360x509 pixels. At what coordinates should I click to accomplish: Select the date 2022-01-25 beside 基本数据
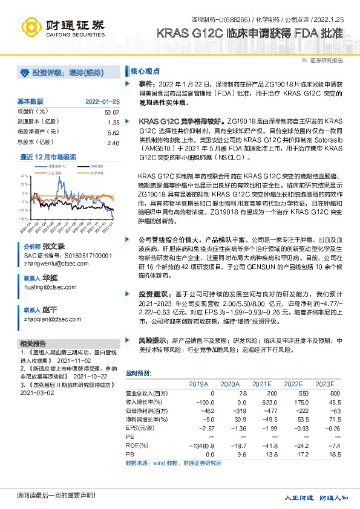tap(102, 101)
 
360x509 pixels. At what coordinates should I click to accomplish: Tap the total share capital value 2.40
tap(113, 143)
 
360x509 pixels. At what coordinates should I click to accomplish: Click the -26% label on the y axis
tap(23, 219)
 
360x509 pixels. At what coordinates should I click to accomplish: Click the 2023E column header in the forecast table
tap(324, 384)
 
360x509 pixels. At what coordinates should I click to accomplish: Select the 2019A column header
tap(198, 384)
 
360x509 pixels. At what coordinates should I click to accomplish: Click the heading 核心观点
tap(142, 71)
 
